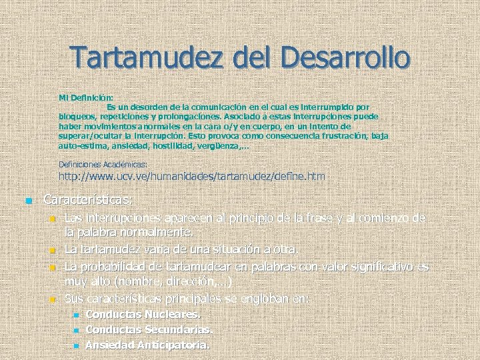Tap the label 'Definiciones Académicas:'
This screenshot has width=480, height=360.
click(103, 163)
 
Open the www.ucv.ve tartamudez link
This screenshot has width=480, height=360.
click(192, 177)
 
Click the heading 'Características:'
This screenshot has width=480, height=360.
click(88, 199)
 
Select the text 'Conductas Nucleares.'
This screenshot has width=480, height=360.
click(143, 315)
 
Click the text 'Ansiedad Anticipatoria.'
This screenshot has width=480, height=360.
click(147, 345)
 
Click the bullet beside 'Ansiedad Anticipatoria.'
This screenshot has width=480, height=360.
click(76, 346)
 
